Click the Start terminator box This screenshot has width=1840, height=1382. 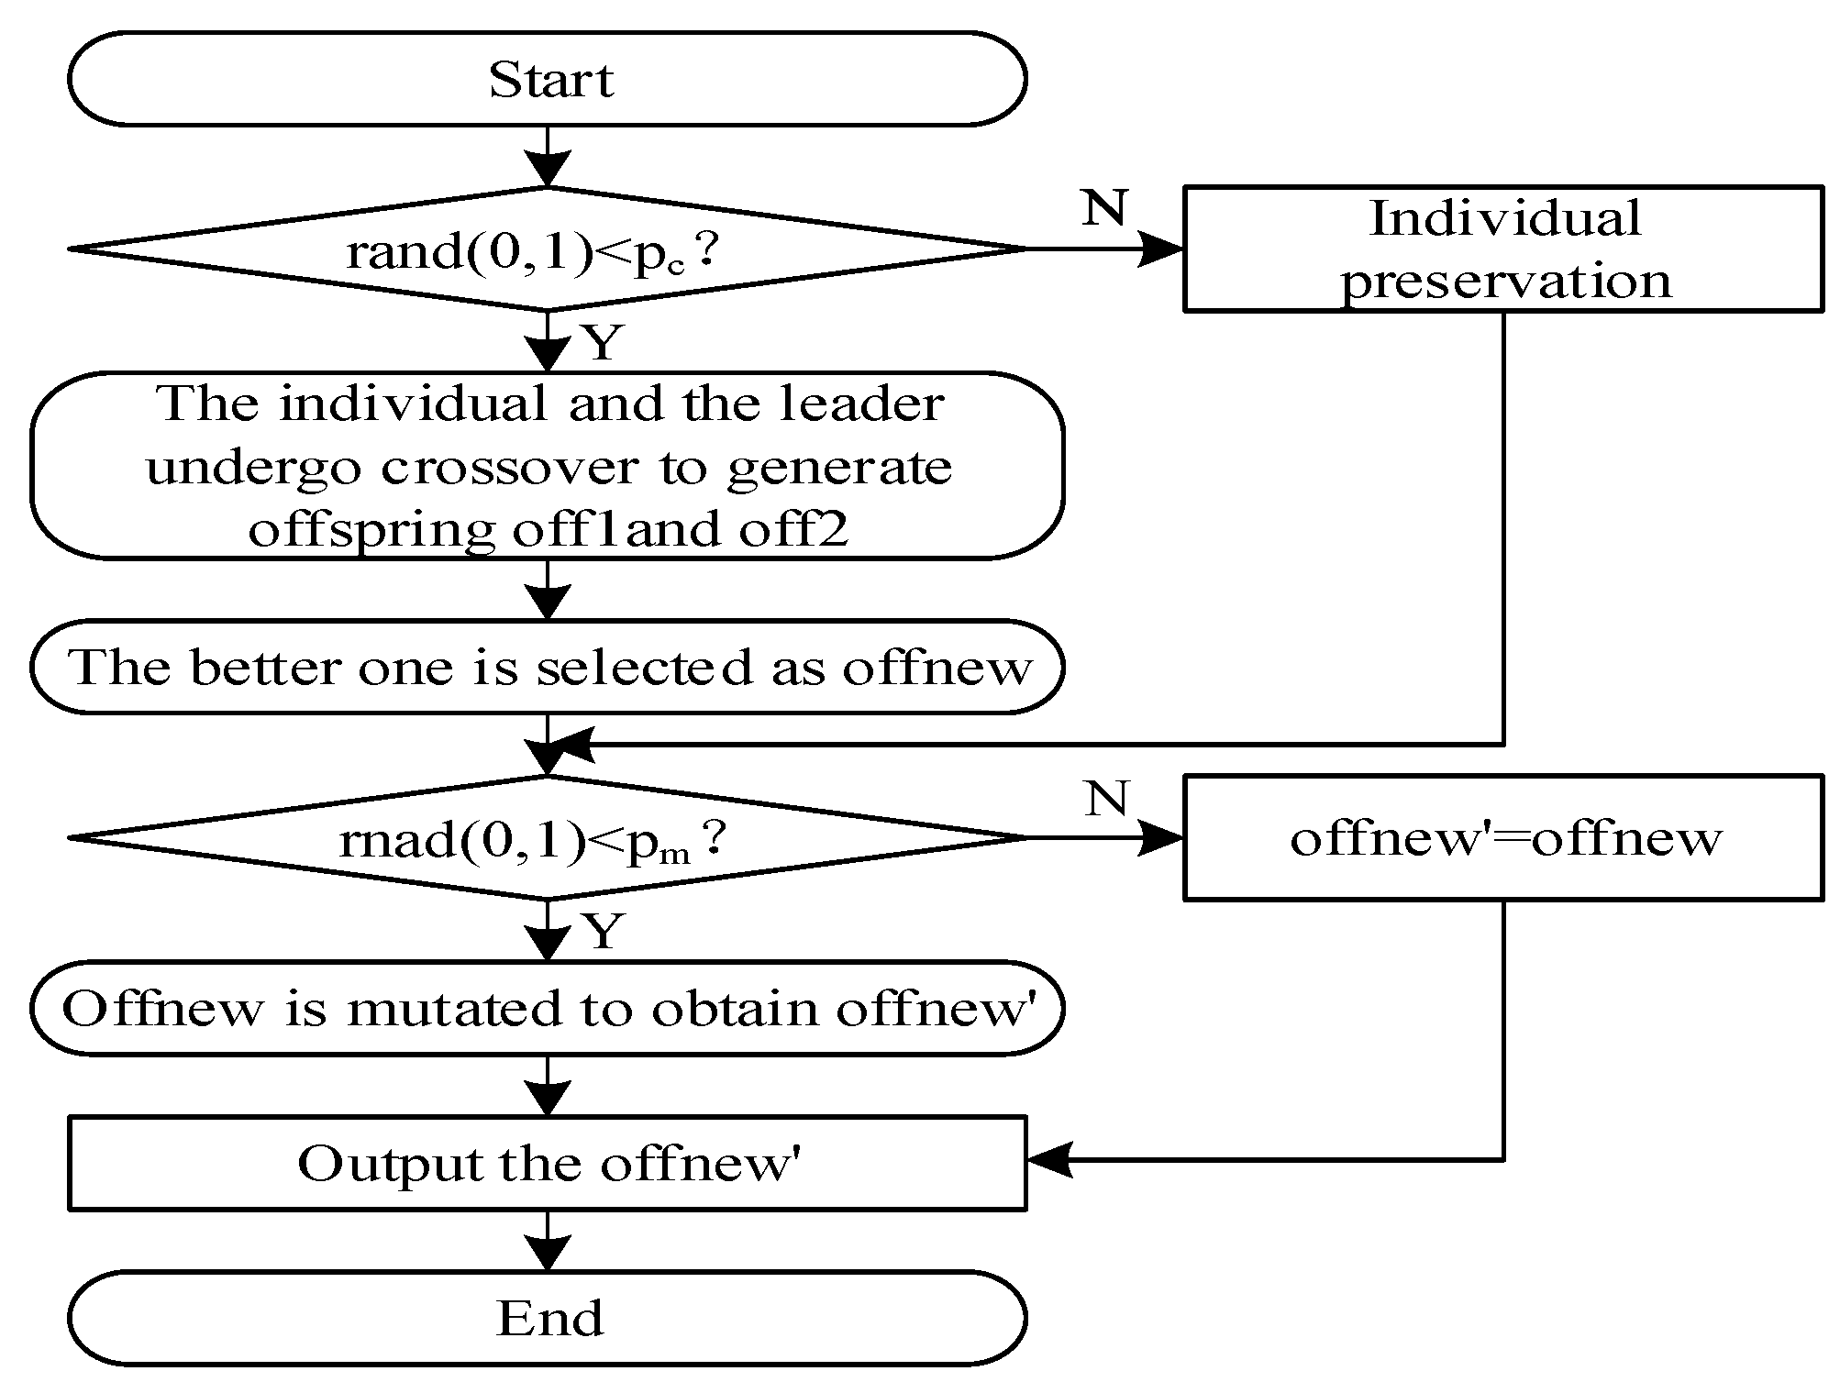(548, 79)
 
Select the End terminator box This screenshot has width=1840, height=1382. (548, 1318)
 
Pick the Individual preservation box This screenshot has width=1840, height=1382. (1502, 249)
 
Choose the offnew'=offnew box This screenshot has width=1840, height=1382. (1502, 838)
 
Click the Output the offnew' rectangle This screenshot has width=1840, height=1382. (548, 1163)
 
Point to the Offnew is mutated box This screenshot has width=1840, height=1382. (548, 1008)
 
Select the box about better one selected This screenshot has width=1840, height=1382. (548, 667)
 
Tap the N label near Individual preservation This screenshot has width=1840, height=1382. (1103, 209)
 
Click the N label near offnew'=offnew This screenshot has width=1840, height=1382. (1105, 799)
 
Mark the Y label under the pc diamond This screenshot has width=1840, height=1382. (603, 342)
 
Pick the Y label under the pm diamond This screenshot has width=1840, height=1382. (603, 932)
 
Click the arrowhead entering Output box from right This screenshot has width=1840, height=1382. (1047, 1160)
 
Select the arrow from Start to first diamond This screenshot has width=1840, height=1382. (548, 158)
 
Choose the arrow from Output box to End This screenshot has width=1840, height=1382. (548, 1241)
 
